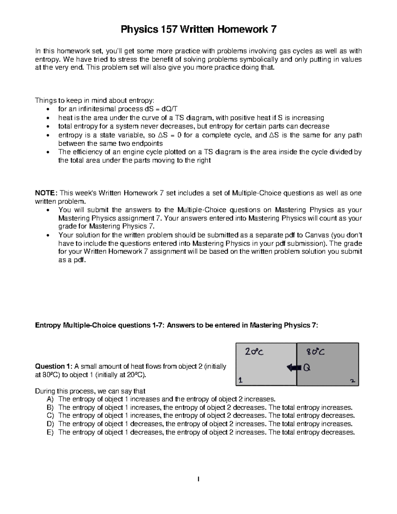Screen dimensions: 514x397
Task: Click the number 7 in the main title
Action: click(x=273, y=30)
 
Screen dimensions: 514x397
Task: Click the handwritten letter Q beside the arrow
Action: click(x=307, y=367)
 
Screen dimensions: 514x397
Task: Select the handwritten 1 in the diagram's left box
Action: click(x=240, y=381)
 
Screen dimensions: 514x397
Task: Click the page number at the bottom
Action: click(x=198, y=479)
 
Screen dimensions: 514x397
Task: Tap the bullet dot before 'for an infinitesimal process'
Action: click(x=49, y=110)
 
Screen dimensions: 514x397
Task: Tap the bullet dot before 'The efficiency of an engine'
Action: click(x=49, y=152)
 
